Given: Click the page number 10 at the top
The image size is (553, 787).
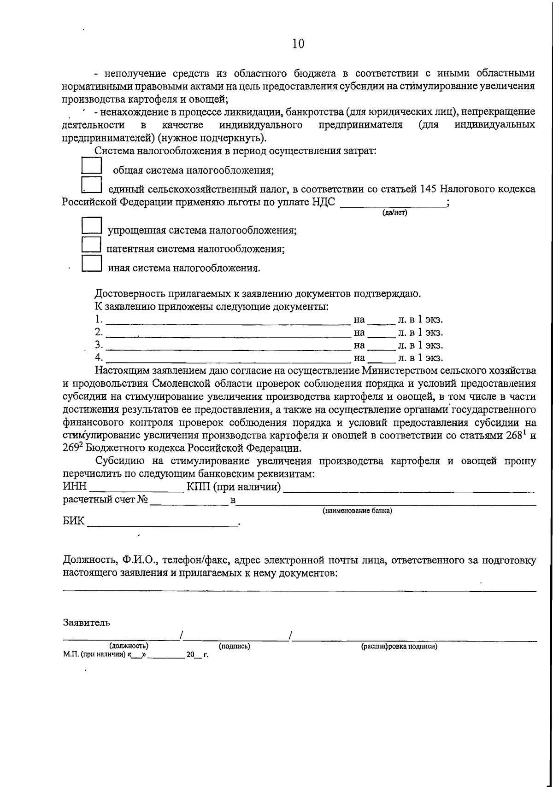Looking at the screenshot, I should tap(298, 44).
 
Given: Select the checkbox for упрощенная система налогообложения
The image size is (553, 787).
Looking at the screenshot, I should tap(91, 226).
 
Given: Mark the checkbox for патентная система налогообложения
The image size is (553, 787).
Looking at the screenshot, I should tap(91, 245).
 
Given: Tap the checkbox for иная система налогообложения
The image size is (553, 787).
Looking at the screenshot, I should tap(91, 263).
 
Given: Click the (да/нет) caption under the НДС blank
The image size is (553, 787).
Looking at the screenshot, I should tap(394, 213).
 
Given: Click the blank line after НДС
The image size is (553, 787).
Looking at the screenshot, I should tap(393, 205).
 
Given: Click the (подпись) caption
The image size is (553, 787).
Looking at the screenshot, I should tap(235, 646).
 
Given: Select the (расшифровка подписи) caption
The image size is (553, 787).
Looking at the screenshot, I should tap(399, 646).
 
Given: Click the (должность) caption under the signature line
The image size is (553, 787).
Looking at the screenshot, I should tap(129, 646).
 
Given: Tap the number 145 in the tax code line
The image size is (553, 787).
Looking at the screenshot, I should tap(429, 189).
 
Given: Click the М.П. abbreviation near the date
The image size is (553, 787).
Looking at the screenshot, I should tap(70, 655).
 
